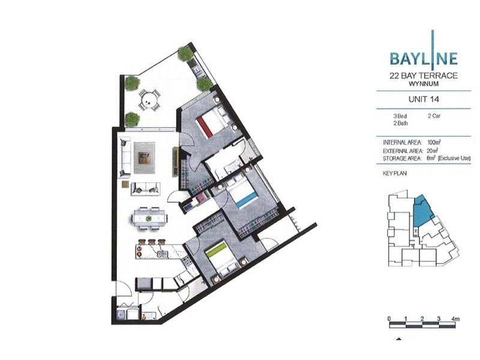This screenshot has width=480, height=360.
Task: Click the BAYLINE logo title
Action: (x=423, y=58)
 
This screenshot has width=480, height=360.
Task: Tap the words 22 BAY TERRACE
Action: (x=423, y=76)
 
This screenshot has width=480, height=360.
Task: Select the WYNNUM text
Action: (x=423, y=85)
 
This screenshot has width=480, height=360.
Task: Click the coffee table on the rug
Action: (x=145, y=158)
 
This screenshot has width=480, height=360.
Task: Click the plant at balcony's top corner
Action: (x=185, y=54)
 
